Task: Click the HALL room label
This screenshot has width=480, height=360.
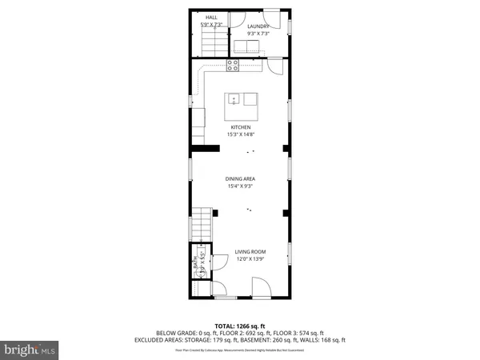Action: click(211, 17)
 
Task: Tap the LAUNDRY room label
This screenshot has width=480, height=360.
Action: click(258, 26)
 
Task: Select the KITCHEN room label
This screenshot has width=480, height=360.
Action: click(241, 127)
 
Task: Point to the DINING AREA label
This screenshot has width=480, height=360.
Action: click(240, 179)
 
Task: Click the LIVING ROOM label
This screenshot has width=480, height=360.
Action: click(250, 252)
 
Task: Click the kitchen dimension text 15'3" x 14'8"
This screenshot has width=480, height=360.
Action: click(241, 135)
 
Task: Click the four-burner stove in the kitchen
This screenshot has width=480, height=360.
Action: click(234, 64)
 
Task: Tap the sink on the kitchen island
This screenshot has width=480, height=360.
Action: click(234, 99)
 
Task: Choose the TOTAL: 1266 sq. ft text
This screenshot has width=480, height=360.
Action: click(240, 326)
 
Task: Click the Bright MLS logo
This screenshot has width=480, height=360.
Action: click(30, 350)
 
